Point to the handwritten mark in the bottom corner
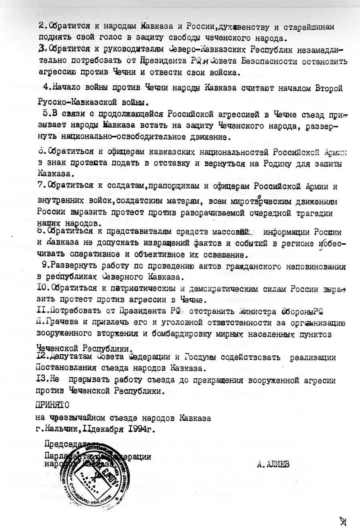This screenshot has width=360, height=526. coord(344,520)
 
